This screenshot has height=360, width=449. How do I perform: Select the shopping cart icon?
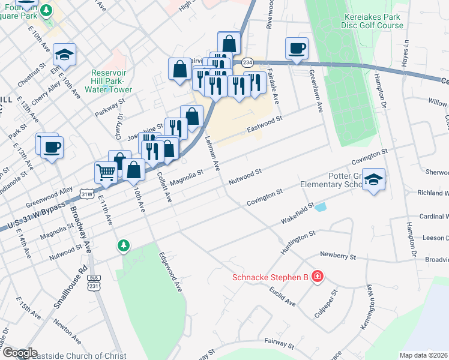(x=106, y=173)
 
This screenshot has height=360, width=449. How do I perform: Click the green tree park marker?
(x=124, y=245)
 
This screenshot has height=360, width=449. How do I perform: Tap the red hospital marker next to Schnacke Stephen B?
(x=317, y=277)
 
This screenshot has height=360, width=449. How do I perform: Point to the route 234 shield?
(x=247, y=62)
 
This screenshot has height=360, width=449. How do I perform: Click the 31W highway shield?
(x=87, y=194)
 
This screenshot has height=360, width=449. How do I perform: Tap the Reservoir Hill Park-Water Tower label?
(x=111, y=81)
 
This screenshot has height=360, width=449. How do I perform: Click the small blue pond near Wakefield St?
(x=321, y=207)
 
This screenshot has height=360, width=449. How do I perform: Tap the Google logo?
(x=19, y=353)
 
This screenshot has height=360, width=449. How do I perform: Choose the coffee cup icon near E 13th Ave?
(x=52, y=147)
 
